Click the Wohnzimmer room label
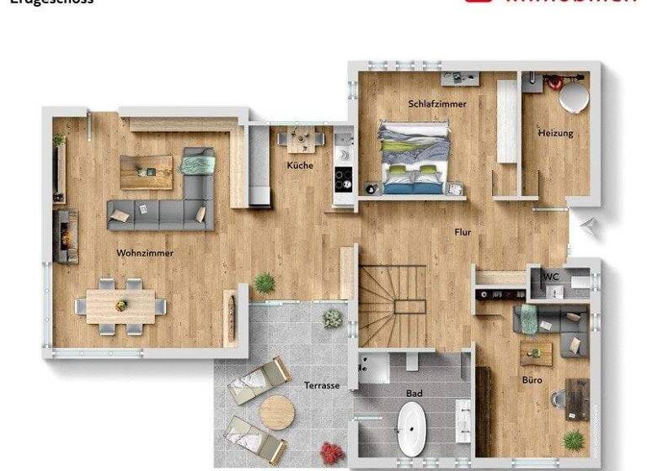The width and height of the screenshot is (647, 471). click(x=145, y=252)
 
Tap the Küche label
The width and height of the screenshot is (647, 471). click(x=300, y=166)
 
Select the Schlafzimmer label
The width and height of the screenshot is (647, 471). click(x=437, y=103)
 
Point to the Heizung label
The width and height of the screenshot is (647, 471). click(x=555, y=133)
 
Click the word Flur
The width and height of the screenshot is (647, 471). click(x=463, y=232)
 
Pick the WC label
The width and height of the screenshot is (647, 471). click(x=551, y=277)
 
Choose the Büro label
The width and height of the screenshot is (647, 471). click(x=532, y=380)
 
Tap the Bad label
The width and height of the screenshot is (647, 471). click(x=414, y=393)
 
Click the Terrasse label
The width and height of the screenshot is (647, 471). click(x=322, y=385)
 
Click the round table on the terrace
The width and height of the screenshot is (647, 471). click(x=276, y=412)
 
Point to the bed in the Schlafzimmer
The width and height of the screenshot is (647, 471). click(x=413, y=157)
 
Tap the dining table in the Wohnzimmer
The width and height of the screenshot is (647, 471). click(x=120, y=305)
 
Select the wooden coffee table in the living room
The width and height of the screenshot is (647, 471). click(x=146, y=172)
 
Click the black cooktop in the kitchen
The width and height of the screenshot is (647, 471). click(x=344, y=178)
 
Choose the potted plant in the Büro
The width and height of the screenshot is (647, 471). click(x=574, y=440)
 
